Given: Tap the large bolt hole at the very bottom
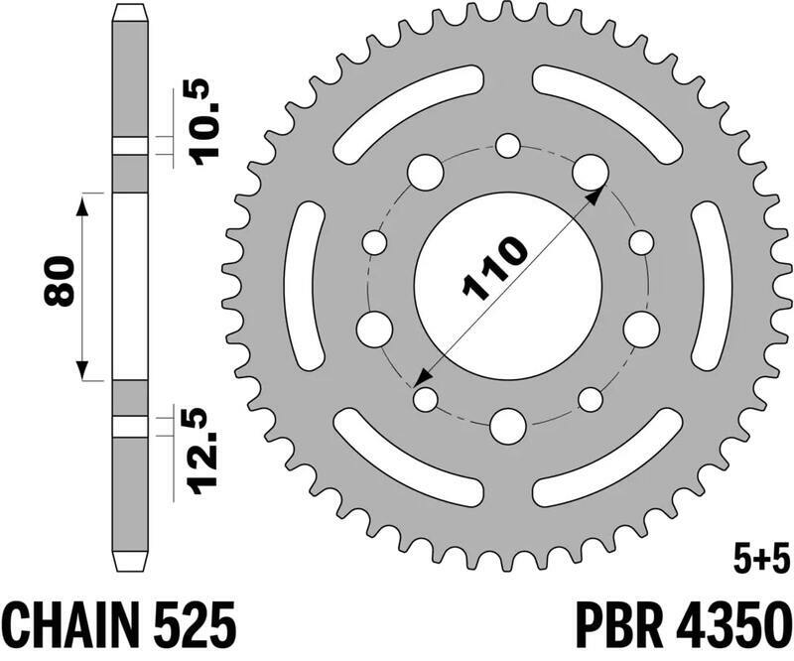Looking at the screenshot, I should pos(508,426).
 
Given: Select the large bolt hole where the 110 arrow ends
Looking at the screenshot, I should pos(590,171).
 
